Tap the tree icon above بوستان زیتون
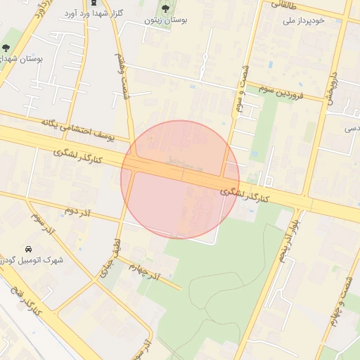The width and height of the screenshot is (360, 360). click(x=165, y=9)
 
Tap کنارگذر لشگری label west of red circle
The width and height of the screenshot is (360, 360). click(x=77, y=155)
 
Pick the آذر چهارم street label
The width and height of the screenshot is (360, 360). click(x=150, y=271)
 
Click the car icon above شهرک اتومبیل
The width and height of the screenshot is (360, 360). click(x=28, y=249)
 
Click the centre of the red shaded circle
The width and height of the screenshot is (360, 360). click(x=180, y=179)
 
